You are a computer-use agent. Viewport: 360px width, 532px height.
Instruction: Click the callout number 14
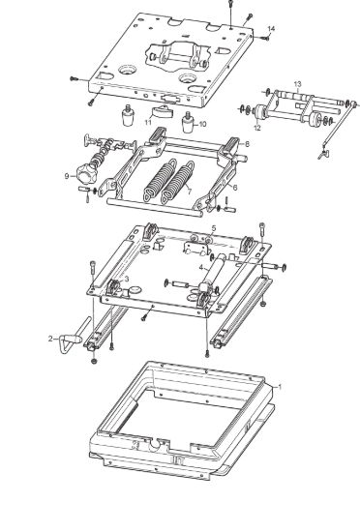271,28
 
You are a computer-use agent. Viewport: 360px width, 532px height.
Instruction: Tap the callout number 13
297,84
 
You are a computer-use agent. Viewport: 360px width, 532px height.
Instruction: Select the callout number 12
257,128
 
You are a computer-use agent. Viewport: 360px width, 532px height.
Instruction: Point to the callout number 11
148,122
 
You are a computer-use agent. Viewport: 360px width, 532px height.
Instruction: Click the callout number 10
202,124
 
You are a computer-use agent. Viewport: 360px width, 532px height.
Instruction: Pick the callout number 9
67,176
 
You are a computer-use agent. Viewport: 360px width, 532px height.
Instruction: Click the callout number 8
247,144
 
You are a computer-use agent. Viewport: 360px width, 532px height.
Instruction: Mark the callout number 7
189,192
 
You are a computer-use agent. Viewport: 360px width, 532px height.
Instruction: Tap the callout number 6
235,187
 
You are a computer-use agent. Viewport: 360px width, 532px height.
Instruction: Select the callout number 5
213,228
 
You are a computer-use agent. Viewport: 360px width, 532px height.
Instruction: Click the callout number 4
201,268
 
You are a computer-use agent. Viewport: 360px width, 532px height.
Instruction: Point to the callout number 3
127,279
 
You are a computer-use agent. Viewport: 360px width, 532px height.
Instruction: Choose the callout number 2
50,339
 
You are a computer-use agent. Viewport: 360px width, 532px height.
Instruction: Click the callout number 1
280,387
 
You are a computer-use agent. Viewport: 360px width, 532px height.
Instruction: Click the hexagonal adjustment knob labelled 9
86,173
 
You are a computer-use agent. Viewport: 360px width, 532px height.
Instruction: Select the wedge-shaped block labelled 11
161,111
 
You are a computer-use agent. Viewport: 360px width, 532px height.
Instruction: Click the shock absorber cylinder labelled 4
212,273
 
